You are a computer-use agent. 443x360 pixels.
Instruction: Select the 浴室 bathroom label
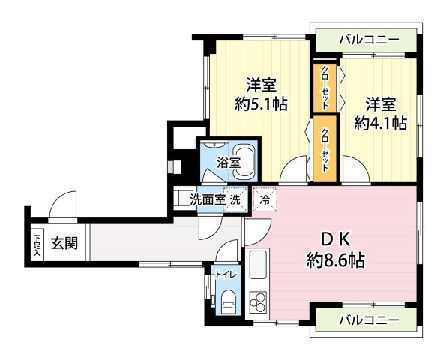tap(229, 162)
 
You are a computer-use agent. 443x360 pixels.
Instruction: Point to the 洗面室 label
tap(208, 199)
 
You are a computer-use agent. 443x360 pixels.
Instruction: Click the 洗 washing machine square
tap(235, 199)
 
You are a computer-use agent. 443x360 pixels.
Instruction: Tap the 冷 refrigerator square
tap(264, 199)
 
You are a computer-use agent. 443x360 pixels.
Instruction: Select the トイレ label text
tap(226, 274)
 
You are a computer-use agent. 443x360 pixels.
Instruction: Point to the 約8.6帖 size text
tap(336, 261)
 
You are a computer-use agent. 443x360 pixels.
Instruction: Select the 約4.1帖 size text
tap(381, 122)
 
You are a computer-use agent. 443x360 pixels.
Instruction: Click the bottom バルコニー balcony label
tap(366, 320)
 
